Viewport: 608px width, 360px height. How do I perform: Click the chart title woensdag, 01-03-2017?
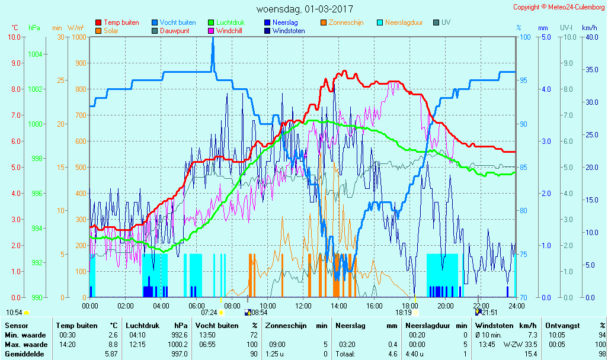click(304, 9)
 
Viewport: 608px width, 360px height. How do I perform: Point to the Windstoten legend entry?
click(289, 31)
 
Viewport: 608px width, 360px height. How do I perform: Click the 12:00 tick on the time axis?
click(303, 306)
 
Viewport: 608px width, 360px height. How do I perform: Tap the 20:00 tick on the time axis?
click(446, 306)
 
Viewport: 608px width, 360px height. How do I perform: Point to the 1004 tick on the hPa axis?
click(35, 54)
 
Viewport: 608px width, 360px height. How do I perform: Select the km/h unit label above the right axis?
click(589, 28)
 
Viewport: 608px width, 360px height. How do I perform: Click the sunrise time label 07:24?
click(209, 312)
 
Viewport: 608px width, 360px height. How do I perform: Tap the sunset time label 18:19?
click(404, 312)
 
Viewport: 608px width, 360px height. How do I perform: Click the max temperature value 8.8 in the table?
click(113, 345)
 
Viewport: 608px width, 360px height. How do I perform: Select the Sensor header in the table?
click(16, 326)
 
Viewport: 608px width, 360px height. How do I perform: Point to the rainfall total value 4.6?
click(392, 354)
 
